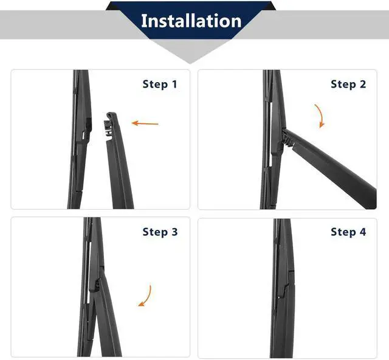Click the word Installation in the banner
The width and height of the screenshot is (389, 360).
tap(191, 21)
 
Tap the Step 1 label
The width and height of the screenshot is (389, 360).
tap(160, 84)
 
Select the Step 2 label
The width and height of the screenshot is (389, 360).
tap(348, 84)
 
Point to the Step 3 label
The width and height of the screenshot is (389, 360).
tap(160, 232)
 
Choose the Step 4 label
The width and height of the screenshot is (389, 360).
tap(348, 232)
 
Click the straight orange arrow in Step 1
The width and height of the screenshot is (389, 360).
tap(145, 123)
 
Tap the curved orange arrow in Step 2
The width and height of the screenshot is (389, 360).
tap(321, 116)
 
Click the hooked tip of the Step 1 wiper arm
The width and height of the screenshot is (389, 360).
tap(111, 115)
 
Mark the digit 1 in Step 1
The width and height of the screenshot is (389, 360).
tap(174, 84)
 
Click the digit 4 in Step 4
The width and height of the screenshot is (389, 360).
tap(363, 232)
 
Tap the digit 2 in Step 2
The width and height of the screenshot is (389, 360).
tap(363, 84)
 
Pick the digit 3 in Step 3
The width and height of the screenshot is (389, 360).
tap(174, 232)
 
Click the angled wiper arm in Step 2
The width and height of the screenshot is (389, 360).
tap(330, 169)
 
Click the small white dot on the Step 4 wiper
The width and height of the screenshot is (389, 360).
tap(280, 297)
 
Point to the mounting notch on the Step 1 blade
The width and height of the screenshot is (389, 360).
tap(86, 129)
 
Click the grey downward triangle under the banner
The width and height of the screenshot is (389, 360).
tap(190, 52)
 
